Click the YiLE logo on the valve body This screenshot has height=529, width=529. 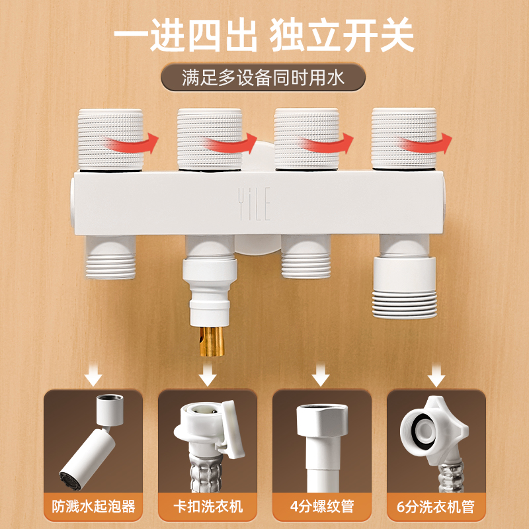(x=254, y=204)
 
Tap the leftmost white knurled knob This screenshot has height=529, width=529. (x=110, y=139)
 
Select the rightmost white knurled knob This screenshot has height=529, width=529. (x=404, y=138)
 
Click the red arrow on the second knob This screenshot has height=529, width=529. (x=230, y=143)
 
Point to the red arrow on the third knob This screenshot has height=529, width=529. (x=327, y=143)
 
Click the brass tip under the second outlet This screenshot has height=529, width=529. (x=212, y=341)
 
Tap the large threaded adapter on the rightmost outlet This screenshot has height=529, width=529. (x=405, y=288)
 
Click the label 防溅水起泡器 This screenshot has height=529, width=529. (x=93, y=507)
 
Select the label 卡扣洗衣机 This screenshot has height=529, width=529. (x=208, y=507)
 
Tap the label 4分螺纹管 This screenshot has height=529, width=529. (x=322, y=507)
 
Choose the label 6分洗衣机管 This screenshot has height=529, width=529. (x=436, y=507)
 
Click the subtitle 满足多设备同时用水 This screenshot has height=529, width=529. (x=263, y=77)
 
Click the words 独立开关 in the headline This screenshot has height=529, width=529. (x=342, y=35)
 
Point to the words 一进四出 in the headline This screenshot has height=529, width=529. (x=186, y=35)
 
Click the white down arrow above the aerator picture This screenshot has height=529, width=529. (x=93, y=375)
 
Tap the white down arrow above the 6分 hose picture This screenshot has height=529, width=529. (x=436, y=375)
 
